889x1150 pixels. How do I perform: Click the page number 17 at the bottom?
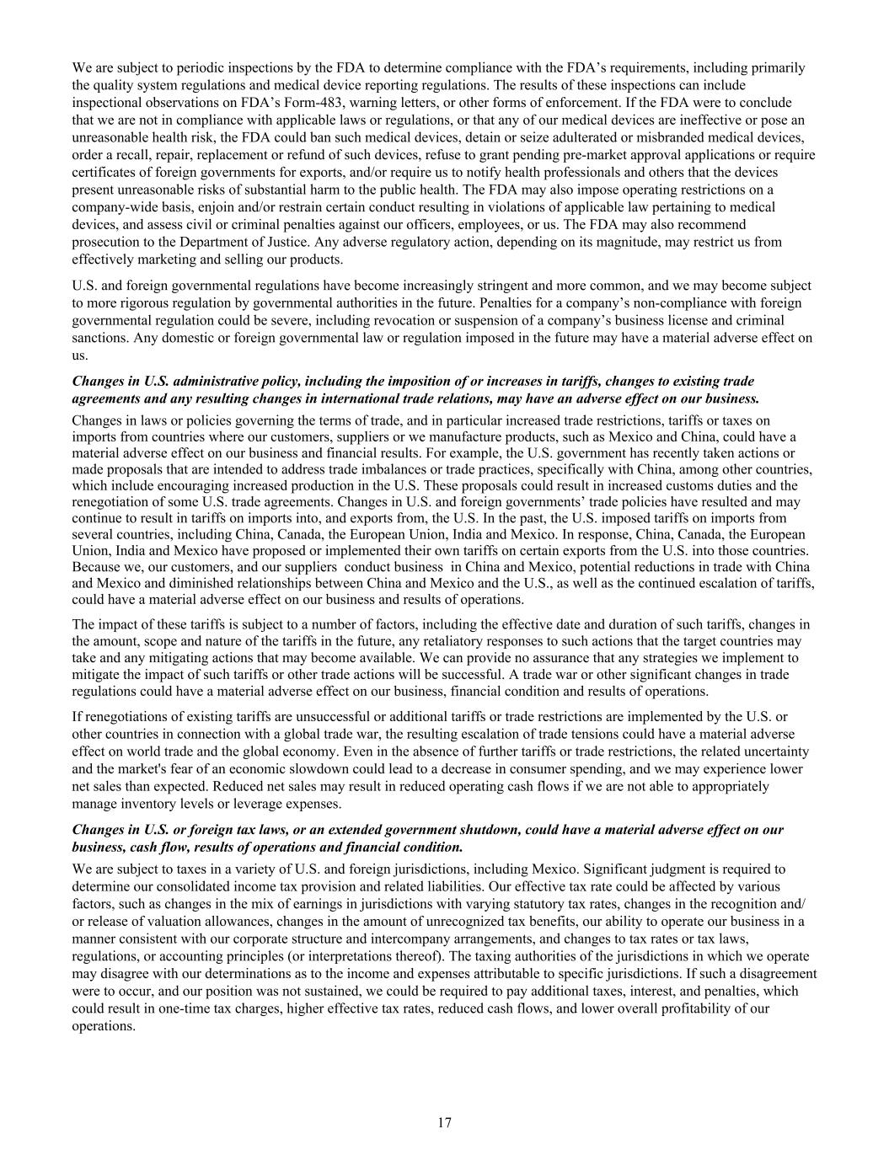[x=444, y=1122]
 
